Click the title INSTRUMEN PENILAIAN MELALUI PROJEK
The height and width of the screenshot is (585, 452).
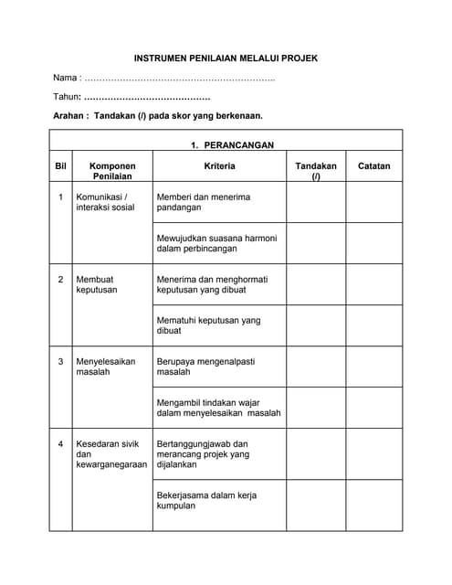(226, 58)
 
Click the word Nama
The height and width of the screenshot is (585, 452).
(66, 77)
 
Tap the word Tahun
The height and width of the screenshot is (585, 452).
(67, 96)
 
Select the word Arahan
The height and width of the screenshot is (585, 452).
(70, 116)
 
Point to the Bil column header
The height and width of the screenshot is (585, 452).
(61, 166)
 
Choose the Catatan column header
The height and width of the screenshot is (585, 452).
(373, 166)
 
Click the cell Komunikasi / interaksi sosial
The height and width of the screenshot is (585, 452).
(105, 202)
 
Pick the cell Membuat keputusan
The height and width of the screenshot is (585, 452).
(97, 284)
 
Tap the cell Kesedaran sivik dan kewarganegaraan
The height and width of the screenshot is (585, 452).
(110, 454)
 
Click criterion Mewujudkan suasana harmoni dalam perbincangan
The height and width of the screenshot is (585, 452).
(216, 243)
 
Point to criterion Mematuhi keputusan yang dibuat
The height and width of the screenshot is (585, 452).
(208, 325)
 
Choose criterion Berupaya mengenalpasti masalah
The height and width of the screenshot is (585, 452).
(209, 367)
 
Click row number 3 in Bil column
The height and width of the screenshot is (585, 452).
(61, 361)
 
